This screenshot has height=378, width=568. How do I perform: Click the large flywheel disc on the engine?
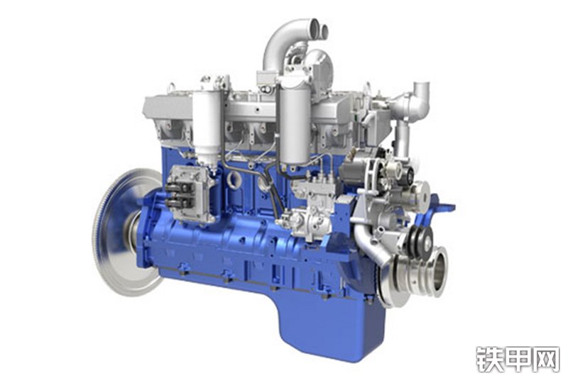tap(119, 231)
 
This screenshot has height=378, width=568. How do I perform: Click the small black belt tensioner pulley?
tap(420, 240)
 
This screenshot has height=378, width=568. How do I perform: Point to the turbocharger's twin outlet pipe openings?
tap(318, 29)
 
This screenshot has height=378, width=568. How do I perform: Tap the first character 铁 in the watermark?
tap(489, 360)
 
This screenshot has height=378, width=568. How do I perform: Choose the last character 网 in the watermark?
tap(545, 360)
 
